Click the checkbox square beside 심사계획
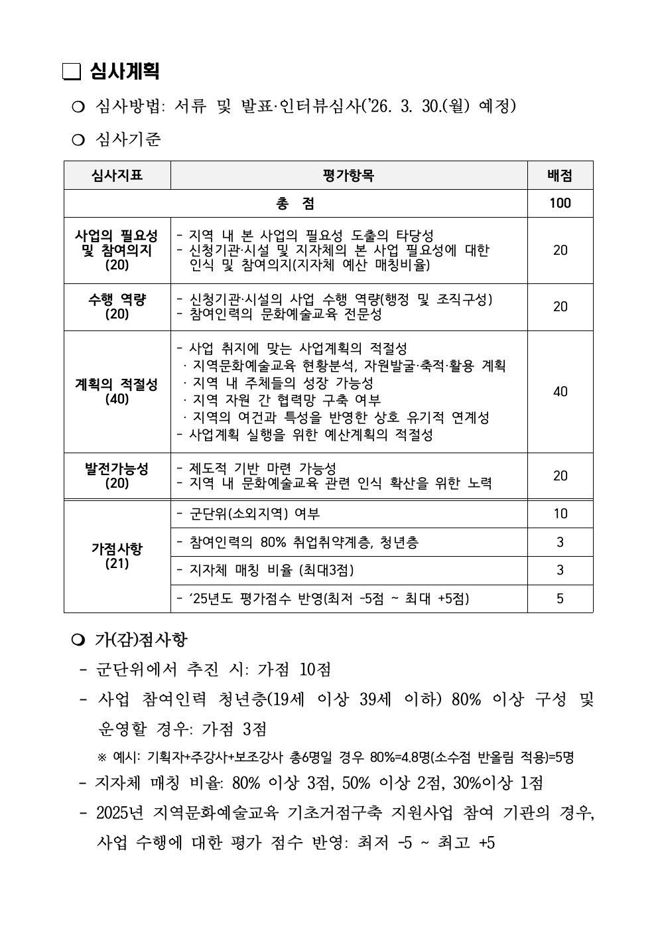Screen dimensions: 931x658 (71, 72)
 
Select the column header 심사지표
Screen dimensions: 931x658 (117, 176)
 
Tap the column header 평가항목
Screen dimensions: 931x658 (348, 176)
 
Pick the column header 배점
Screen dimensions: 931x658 (560, 176)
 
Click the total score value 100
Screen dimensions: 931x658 (560, 204)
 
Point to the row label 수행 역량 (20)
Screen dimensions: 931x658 (117, 307)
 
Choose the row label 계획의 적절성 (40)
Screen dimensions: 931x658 (117, 392)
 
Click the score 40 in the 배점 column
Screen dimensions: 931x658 (560, 392)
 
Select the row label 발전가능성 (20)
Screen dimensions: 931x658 (117, 476)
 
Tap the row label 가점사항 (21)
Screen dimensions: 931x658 (117, 556)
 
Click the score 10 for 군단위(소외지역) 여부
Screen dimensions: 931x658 (560, 514)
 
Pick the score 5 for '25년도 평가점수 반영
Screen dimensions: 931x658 (560, 599)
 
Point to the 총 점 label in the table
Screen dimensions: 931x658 (295, 204)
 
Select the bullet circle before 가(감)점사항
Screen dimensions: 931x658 (78, 640)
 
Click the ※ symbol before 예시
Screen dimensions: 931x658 (102, 757)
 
